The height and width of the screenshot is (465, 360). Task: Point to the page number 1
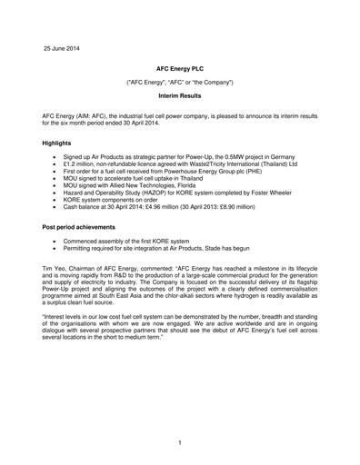(x=181, y=442)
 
